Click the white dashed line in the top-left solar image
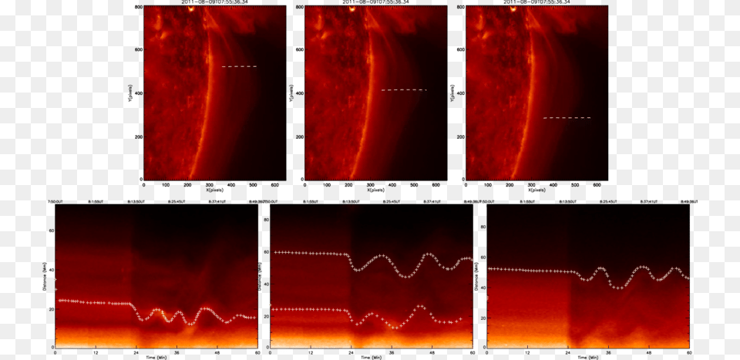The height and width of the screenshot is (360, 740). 239,66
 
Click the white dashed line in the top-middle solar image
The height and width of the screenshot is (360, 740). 404,90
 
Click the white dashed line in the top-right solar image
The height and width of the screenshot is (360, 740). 567,118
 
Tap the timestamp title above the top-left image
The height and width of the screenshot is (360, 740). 215,3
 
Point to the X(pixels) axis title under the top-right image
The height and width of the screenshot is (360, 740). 537,190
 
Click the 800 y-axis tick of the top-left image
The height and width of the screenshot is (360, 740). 138,7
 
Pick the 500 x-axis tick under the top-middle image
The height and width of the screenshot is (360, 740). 413,185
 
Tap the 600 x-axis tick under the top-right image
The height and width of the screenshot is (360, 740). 596,185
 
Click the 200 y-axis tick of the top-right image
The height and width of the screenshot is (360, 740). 460,137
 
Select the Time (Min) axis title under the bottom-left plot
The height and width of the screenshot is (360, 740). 156,357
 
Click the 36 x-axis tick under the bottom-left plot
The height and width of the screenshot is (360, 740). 177,352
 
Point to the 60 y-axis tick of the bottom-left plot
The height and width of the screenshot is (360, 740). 51,230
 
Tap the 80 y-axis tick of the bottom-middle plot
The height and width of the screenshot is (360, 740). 266,219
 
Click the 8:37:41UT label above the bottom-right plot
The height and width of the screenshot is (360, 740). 651,200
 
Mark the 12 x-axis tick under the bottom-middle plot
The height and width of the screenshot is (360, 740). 310,352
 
